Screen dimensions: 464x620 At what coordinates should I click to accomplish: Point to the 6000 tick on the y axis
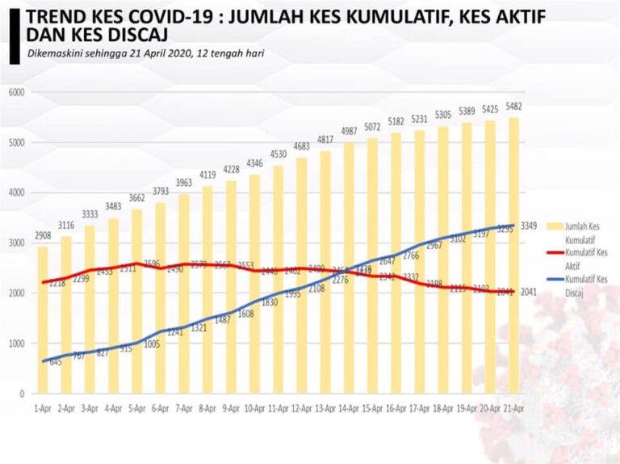(x=17, y=92)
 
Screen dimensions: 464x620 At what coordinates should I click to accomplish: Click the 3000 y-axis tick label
(x=17, y=243)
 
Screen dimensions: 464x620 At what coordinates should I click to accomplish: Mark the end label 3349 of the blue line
(x=528, y=226)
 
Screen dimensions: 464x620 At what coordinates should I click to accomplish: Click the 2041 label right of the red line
(x=528, y=292)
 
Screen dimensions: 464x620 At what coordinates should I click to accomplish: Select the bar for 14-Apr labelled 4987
(x=349, y=267)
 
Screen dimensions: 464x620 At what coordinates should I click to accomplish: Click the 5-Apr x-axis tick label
(x=136, y=409)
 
